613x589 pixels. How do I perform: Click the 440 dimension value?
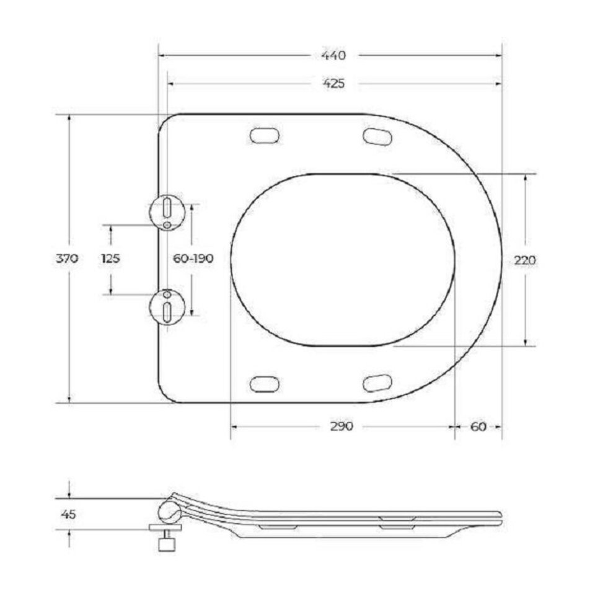click(333, 55)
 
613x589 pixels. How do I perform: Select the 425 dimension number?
click(333, 83)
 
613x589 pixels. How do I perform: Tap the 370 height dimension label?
click(67, 259)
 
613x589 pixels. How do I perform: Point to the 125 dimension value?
click(110, 259)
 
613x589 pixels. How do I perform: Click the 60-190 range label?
click(193, 259)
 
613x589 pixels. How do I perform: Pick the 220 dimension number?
click(524, 260)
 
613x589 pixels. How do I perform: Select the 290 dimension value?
click(342, 427)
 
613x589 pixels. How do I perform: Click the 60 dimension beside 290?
click(478, 427)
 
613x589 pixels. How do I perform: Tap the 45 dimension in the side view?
click(68, 515)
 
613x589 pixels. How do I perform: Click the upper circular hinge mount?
click(167, 212)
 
